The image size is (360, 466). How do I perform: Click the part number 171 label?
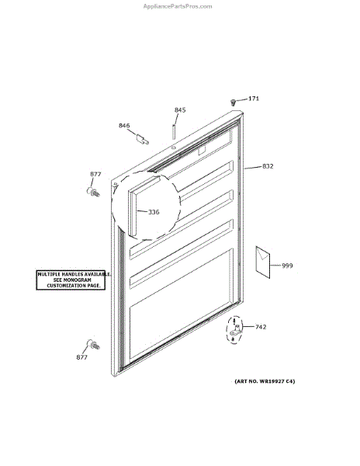pyautogui.click(x=254, y=99)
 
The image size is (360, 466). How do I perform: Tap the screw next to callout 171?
pyautogui.click(x=234, y=103)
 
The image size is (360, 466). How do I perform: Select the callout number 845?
pyautogui.click(x=180, y=110)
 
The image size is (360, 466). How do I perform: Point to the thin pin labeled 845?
pyautogui.click(x=173, y=132)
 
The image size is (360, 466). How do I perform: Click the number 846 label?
pyautogui.click(x=124, y=125)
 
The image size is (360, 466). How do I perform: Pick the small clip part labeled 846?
pyautogui.click(x=142, y=139)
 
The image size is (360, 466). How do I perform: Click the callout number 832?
pyautogui.click(x=268, y=166)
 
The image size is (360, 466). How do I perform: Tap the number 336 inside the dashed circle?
pyautogui.click(x=154, y=212)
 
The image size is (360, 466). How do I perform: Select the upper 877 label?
pyautogui.click(x=95, y=174)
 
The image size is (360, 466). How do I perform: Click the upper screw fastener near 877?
pyautogui.click(x=93, y=192)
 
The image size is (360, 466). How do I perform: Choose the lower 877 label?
pyautogui.click(x=81, y=357)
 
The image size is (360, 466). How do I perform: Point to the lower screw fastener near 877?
pyautogui.click(x=93, y=344)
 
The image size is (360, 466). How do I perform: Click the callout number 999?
pyautogui.click(x=287, y=266)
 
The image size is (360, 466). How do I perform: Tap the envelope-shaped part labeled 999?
pyautogui.click(x=263, y=263)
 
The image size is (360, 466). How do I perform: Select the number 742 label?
pyautogui.click(x=261, y=327)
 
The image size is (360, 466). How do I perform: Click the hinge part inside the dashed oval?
pyautogui.click(x=235, y=332)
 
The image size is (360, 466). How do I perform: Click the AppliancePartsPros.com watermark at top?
pyautogui.click(x=178, y=6)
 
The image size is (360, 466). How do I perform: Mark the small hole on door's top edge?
pyautogui.click(x=174, y=147)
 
